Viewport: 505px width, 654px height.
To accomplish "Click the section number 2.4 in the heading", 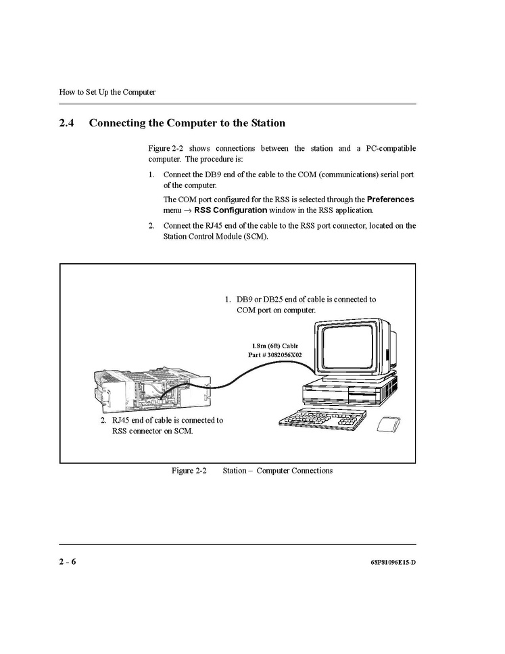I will (66, 123).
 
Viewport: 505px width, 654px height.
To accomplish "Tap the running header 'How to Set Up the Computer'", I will (107, 92).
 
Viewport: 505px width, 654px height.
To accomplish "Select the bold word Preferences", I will (390, 200).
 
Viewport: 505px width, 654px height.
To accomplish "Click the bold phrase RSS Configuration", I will (230, 210).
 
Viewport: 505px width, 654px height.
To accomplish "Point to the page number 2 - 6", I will (67, 562).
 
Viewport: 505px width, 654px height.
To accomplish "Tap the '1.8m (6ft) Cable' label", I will (274, 346).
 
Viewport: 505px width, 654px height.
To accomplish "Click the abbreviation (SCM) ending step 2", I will (254, 237).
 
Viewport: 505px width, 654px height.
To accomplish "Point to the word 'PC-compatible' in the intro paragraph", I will (390, 148).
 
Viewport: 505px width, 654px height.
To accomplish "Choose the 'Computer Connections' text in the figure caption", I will (295, 471).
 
